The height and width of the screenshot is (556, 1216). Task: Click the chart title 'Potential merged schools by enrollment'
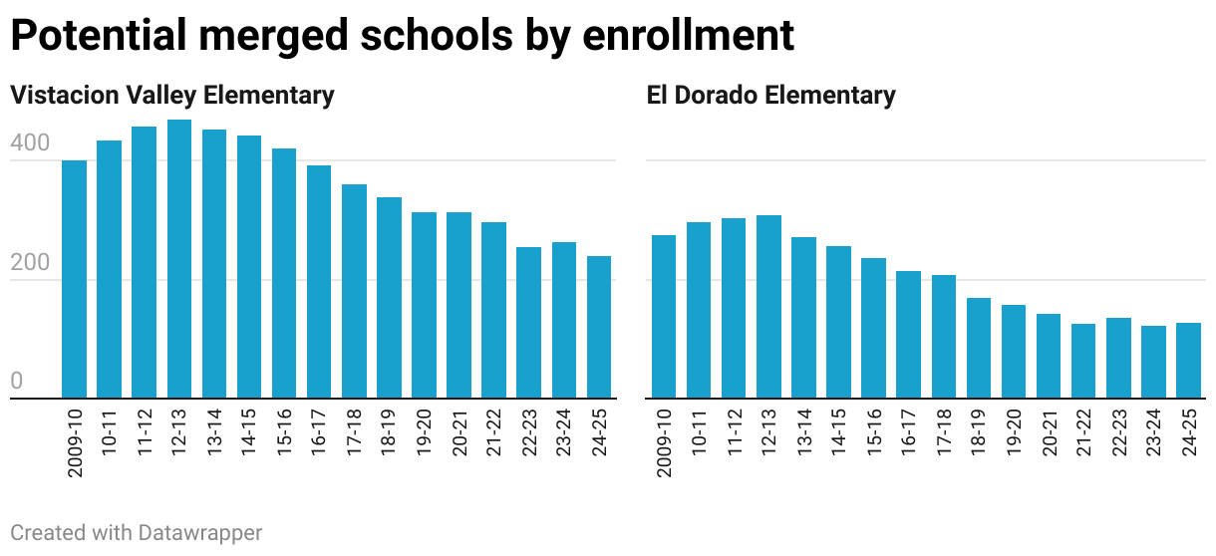pos(402,36)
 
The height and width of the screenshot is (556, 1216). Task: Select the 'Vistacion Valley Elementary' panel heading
pos(171,96)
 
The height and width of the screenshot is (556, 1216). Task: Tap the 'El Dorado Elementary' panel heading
pos(770,96)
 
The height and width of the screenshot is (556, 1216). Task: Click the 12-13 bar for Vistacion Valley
pos(179,259)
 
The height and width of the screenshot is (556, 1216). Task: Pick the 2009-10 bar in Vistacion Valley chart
pos(75,279)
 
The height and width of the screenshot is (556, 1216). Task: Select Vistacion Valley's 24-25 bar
pos(599,327)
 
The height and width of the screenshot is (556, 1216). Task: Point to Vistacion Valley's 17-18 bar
pos(354,291)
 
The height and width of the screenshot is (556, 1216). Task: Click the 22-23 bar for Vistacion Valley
pos(529,323)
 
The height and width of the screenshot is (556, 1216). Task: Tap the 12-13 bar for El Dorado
pos(768,307)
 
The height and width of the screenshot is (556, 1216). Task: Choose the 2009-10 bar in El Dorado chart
pos(664,317)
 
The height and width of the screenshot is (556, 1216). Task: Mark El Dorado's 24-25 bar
pos(1188,361)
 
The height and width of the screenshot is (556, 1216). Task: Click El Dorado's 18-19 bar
pos(979,348)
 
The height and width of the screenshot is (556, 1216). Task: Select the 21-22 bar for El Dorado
pos(1083,361)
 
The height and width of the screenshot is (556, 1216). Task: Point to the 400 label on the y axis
pos(30,144)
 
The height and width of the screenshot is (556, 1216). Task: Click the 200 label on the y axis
pos(30,264)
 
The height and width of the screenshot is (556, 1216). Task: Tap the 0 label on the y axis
pos(17,383)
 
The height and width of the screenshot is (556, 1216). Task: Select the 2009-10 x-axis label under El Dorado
pos(664,441)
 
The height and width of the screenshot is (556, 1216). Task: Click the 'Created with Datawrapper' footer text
pos(137,533)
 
